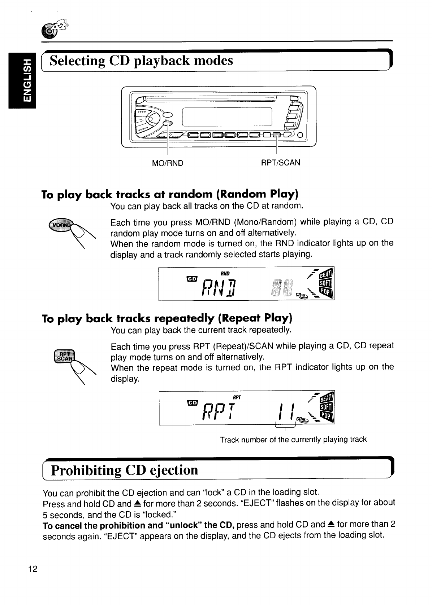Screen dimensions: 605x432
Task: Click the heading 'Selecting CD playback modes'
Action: tap(141, 61)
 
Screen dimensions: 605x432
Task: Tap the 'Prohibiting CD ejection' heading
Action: tap(125, 470)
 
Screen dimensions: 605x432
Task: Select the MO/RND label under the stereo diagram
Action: tap(168, 163)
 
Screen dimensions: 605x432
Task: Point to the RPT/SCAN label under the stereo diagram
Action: tap(280, 163)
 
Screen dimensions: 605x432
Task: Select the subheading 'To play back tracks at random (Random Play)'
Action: tap(170, 195)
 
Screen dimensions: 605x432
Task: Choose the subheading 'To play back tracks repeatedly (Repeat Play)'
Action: tap(167, 319)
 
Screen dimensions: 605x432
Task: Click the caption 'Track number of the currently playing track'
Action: tap(293, 440)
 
